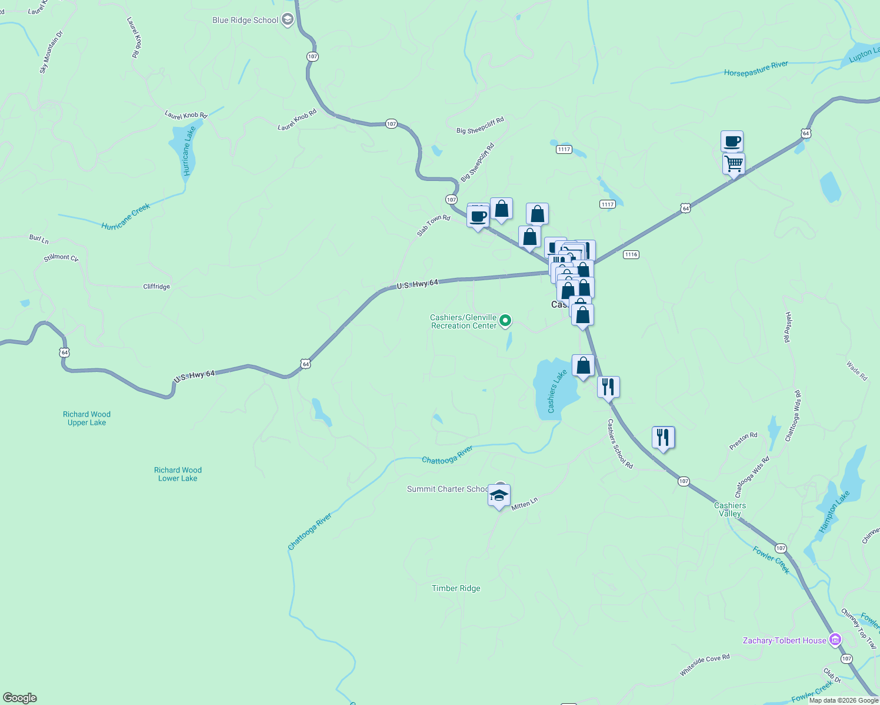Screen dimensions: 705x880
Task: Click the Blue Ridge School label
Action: coord(245,21)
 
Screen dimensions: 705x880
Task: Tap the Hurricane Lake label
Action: coord(188,152)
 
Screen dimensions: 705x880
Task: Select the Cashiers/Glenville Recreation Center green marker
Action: coord(505,321)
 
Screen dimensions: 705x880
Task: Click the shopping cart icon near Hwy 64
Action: coord(734,164)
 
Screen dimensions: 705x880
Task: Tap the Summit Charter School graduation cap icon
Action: coord(499,495)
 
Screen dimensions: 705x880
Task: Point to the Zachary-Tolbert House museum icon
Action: coord(835,640)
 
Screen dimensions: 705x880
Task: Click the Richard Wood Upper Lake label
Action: coord(86,418)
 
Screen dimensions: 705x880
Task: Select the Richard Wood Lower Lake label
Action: coord(178,474)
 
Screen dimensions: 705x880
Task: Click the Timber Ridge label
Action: coord(456,588)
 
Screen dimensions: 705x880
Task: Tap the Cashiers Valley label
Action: coord(730,509)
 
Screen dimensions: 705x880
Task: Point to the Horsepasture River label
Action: coord(756,69)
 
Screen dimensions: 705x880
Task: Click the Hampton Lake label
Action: coord(834,512)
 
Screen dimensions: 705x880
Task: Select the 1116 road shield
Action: coord(631,254)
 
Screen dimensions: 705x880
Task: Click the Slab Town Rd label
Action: coord(434,226)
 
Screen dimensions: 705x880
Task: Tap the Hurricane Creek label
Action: coord(126,217)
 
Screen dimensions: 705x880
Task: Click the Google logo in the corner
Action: coord(20,698)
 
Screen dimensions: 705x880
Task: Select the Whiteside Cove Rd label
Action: coord(705,665)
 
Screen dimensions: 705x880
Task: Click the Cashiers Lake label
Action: coord(556,391)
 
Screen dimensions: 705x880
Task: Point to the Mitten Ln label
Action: coord(524,504)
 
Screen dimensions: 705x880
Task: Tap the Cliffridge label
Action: coord(156,287)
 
